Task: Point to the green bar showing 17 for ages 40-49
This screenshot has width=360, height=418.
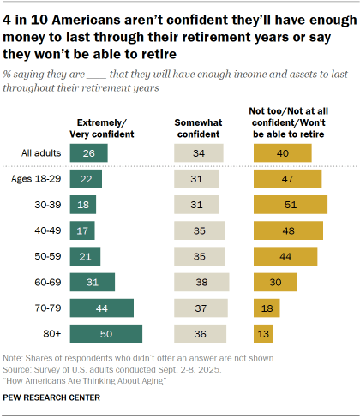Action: click(84, 231)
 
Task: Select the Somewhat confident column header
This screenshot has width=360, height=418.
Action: click(200, 128)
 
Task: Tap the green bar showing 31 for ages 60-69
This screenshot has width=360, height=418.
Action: click(93, 283)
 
